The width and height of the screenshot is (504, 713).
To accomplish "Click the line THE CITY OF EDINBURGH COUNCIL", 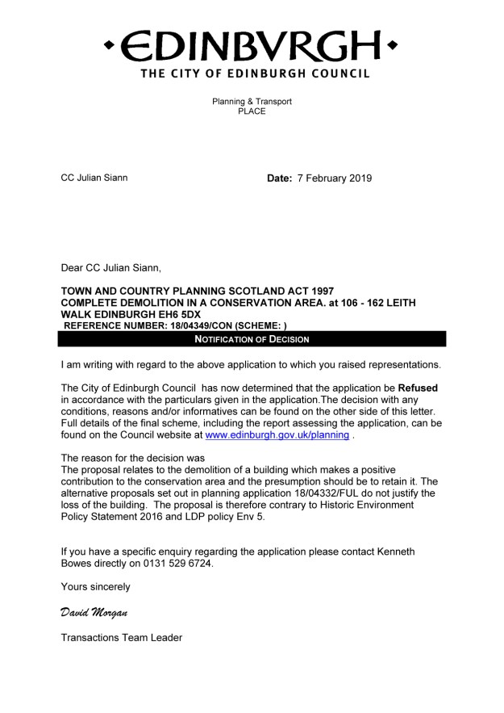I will [x=255, y=73].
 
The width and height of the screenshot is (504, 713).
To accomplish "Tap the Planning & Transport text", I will [x=252, y=102].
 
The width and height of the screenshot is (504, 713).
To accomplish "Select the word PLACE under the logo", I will [x=252, y=111].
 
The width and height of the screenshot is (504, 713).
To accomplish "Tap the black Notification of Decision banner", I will [x=252, y=339].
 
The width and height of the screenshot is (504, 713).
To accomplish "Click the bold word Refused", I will [x=418, y=388].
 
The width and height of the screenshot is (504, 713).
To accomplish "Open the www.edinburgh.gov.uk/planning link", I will [x=277, y=434].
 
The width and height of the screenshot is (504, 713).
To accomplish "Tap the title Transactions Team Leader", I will [x=122, y=638].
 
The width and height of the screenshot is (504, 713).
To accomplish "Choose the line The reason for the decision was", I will [x=133, y=458].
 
